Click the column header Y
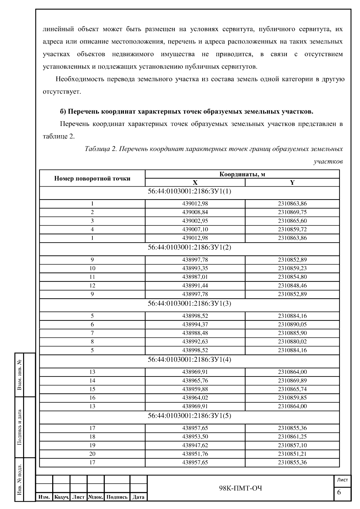click(292, 183)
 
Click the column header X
click(195, 183)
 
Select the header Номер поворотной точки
click(92, 178)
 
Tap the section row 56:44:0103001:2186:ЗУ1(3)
click(189, 304)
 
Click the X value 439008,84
click(195, 212)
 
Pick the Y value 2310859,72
click(292, 229)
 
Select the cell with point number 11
click(92, 277)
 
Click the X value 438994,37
click(195, 325)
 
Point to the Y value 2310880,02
click(292, 342)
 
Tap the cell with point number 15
click(92, 389)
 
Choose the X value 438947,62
click(195, 445)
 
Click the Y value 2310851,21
click(292, 454)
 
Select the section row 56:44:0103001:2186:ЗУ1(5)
click(189, 416)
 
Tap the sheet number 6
click(339, 492)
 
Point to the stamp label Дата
click(139, 497)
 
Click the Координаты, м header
click(242, 174)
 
